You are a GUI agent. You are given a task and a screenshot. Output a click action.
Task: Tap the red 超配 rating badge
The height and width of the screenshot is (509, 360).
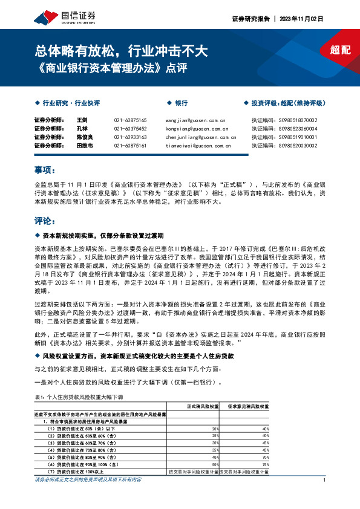point(340,51)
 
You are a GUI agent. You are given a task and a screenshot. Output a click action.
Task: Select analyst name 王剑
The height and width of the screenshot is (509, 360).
point(83,120)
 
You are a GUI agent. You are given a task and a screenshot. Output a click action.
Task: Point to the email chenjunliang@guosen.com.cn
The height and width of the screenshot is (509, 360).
point(200,137)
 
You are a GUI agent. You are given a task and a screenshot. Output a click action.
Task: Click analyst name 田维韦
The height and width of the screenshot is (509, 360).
point(85,146)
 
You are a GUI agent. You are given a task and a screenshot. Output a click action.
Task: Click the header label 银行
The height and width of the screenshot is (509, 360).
point(181,103)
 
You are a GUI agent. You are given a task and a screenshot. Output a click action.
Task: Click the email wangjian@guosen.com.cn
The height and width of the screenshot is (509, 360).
point(195,120)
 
